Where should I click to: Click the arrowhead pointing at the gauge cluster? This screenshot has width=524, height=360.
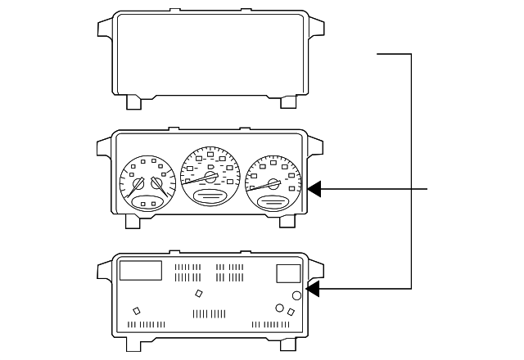(x=316, y=190)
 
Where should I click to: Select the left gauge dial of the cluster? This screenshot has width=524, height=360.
(x=148, y=184)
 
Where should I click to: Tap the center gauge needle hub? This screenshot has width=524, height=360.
(x=211, y=177)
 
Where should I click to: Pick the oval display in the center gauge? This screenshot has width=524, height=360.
(x=210, y=196)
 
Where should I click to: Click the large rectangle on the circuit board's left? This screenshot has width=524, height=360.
(x=140, y=270)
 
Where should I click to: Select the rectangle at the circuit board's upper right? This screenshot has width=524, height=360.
(x=288, y=273)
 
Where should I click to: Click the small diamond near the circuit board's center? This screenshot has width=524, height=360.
(x=198, y=293)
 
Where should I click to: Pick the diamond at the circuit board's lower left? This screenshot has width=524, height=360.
(x=137, y=310)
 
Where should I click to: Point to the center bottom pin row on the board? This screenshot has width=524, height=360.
(x=209, y=314)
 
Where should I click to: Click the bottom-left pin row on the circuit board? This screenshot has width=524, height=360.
(x=147, y=325)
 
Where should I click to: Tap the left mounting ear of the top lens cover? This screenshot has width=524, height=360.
(x=105, y=29)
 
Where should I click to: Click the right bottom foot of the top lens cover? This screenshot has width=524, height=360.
(x=288, y=101)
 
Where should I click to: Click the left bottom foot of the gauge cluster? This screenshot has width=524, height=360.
(x=132, y=222)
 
